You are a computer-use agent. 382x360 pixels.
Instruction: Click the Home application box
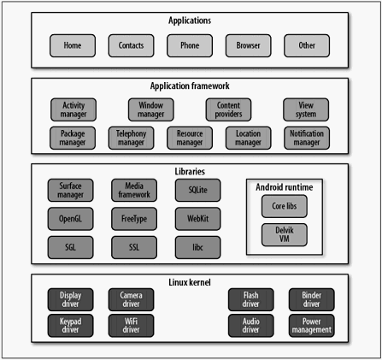point(73,45)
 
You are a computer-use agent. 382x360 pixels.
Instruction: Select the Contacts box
point(131,45)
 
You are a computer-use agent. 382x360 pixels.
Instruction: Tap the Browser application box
point(248,45)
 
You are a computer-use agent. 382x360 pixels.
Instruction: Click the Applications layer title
point(190,21)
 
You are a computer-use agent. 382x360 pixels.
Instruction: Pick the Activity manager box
point(73,109)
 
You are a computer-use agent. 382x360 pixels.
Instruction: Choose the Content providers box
point(228,109)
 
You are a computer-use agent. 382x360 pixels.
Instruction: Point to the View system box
point(306,109)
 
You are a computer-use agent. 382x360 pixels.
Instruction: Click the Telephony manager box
point(131,138)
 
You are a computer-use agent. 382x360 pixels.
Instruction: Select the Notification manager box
point(307,138)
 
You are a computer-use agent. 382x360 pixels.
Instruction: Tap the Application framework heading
point(190,86)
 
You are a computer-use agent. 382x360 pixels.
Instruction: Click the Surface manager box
point(70,191)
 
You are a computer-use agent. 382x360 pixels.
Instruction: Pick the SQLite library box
point(197,191)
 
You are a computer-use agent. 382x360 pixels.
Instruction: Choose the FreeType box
point(134,219)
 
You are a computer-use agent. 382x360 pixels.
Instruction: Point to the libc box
point(197,247)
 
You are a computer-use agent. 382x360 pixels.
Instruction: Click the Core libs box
point(285,206)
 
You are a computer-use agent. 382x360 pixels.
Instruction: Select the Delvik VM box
point(285,234)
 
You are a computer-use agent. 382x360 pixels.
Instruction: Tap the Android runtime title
point(285,187)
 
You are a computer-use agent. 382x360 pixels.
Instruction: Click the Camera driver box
point(131,299)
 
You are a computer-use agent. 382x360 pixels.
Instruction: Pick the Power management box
point(312,326)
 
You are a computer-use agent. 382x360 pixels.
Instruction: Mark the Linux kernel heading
point(190,282)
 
